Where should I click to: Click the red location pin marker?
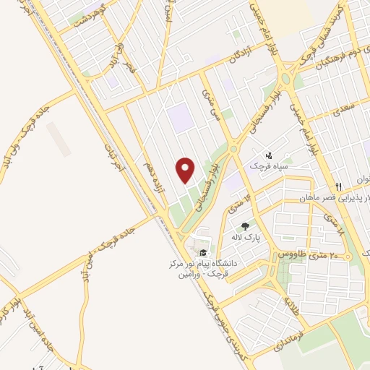pyautogui.click(x=186, y=171)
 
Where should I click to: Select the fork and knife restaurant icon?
pyautogui.click(x=348, y=187)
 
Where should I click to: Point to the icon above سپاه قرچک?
pyautogui.click(x=269, y=155)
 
